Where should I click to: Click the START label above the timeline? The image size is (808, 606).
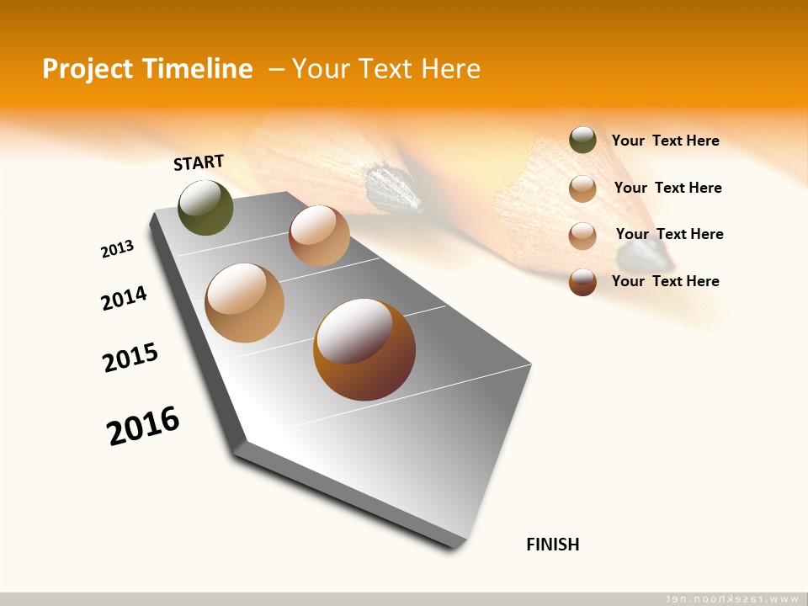(199, 162)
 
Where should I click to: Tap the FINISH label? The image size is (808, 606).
(552, 544)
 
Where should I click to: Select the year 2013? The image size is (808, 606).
(117, 249)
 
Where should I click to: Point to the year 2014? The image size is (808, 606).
(124, 298)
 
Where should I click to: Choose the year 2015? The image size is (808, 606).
(130, 358)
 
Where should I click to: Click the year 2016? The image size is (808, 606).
(143, 425)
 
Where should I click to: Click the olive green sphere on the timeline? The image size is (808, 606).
(205, 208)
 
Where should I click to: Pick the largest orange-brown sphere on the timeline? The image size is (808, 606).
(364, 349)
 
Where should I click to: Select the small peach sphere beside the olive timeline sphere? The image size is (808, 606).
(319, 236)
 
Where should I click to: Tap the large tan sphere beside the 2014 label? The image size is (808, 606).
(244, 303)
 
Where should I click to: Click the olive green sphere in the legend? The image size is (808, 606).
(582, 141)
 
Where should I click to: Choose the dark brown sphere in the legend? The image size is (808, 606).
(582, 281)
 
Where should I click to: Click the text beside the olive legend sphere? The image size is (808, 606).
(665, 141)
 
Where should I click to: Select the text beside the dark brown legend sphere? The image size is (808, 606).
(665, 281)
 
